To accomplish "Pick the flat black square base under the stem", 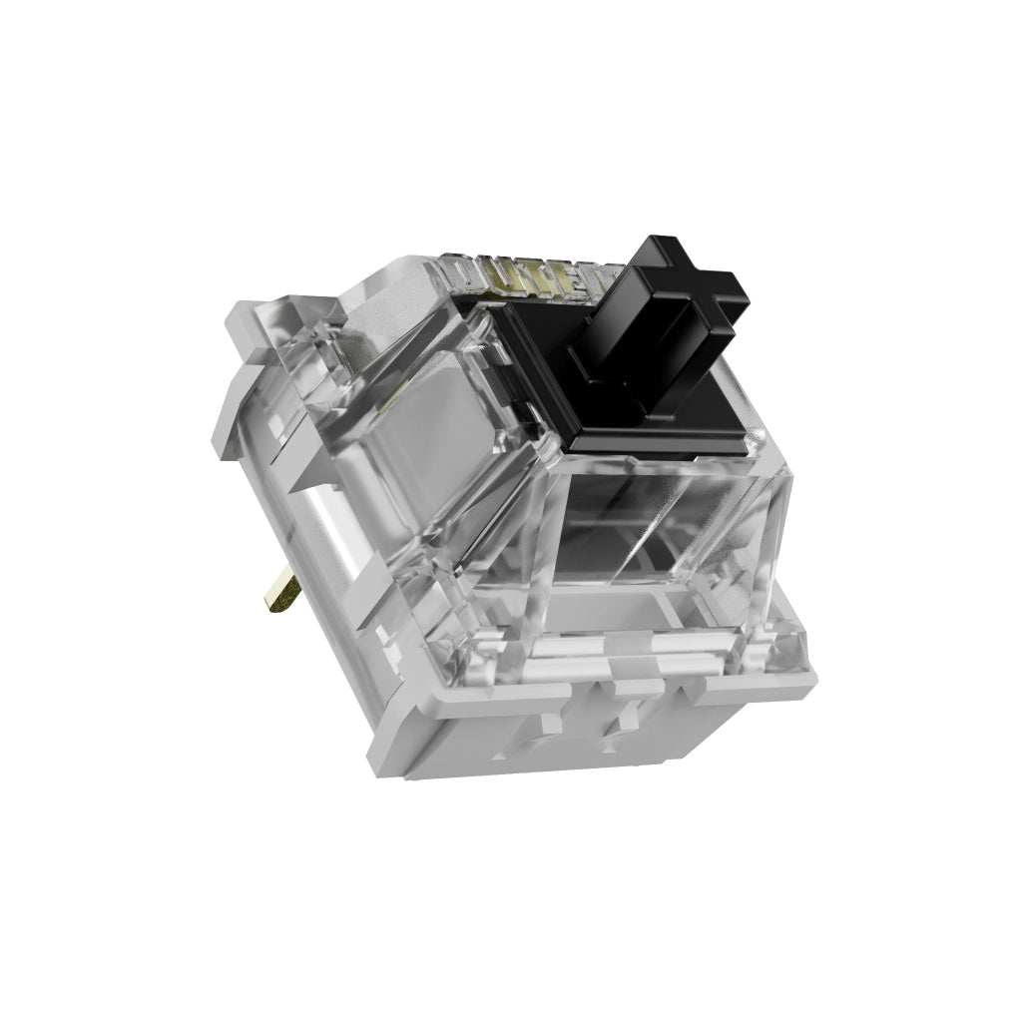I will [x=639, y=419].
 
